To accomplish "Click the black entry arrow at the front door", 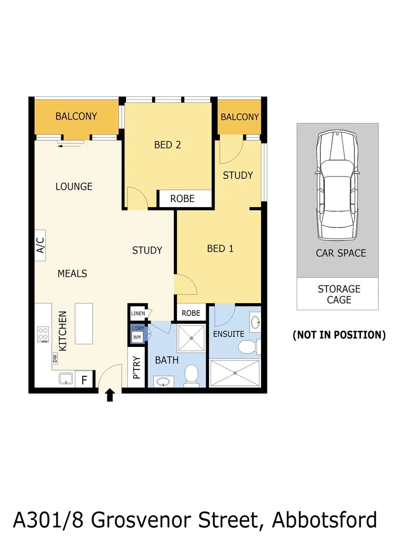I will (x=110, y=395).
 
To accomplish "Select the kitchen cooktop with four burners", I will (x=43, y=335).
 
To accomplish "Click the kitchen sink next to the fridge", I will (x=65, y=379).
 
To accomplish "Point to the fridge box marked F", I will (x=85, y=380).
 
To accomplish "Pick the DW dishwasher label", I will (x=55, y=359).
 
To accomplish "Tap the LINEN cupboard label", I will (x=138, y=313).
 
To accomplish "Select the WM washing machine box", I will (x=137, y=337).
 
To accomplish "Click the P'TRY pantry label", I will (x=136, y=368).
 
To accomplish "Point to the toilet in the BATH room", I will (x=191, y=375).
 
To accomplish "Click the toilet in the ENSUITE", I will (x=248, y=348).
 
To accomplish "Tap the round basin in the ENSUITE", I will (x=256, y=322).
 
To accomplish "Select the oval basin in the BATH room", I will (x=163, y=381).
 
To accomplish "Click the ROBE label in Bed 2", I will (x=183, y=198).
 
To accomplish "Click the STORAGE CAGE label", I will (x=339, y=294).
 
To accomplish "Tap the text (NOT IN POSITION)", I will (x=339, y=335).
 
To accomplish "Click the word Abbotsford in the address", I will (x=325, y=520).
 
